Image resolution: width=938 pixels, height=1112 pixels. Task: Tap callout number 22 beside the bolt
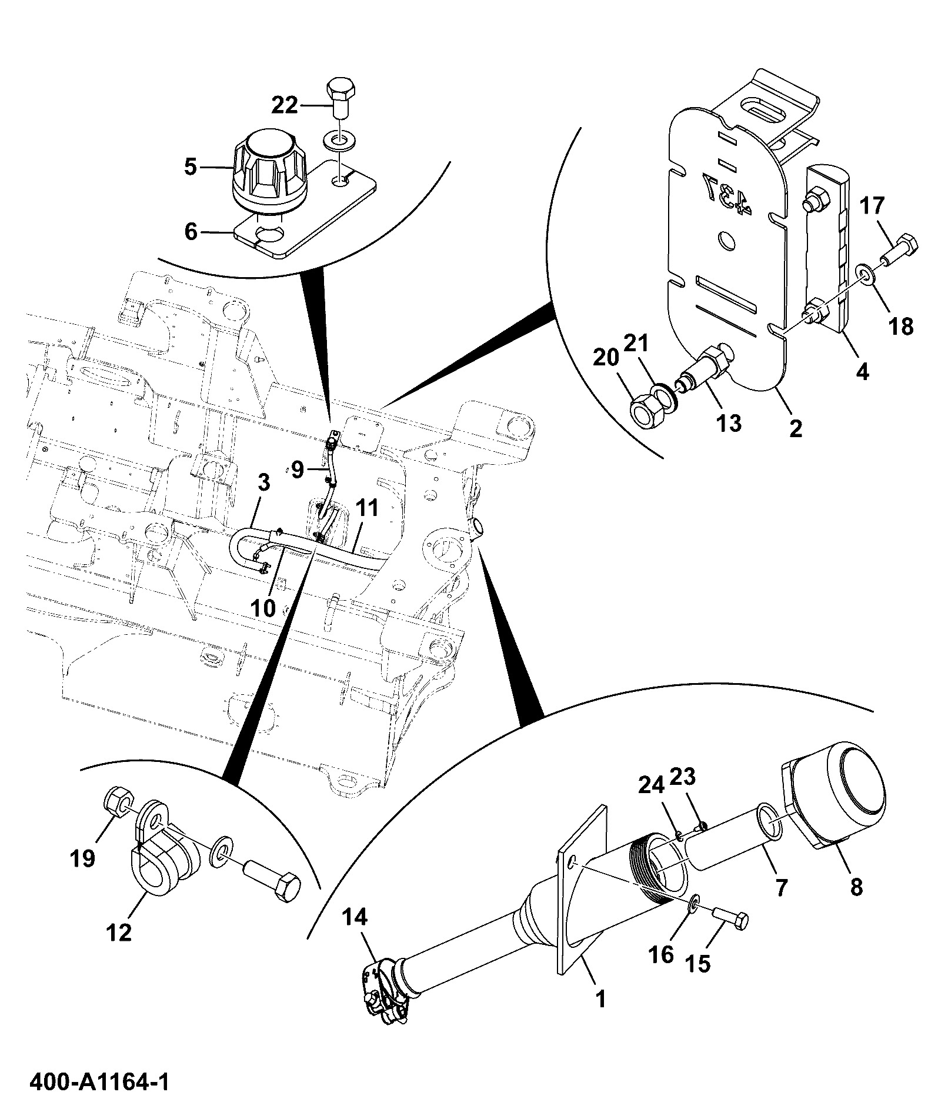[285, 106]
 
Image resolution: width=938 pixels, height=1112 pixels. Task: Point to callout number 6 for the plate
[191, 232]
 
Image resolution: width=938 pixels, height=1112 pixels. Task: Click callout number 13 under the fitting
[728, 423]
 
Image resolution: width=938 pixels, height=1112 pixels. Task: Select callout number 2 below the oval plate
[796, 428]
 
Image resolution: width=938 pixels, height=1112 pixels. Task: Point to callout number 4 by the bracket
[862, 372]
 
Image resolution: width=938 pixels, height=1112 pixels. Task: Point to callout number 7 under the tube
[780, 887]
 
